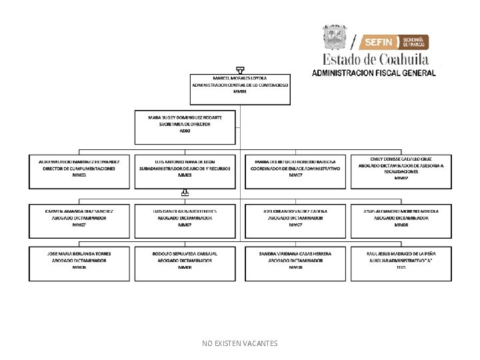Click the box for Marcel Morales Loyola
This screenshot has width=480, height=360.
(x=241, y=89)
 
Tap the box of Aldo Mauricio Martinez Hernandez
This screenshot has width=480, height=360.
(x=79, y=171)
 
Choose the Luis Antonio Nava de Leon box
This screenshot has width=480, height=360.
(x=185, y=171)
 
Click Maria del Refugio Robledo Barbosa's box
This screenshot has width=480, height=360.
(x=295, y=171)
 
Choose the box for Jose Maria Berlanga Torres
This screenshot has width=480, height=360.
(x=79, y=263)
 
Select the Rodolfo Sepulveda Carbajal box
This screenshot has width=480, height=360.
(x=185, y=263)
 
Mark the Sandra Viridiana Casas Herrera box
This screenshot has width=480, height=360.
(x=295, y=263)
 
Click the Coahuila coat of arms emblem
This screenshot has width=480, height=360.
(x=335, y=37)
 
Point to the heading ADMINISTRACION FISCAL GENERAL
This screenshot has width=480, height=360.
(x=374, y=73)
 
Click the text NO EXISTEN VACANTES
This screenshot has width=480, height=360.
(x=240, y=343)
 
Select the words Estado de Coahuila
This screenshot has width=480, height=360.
(x=376, y=59)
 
